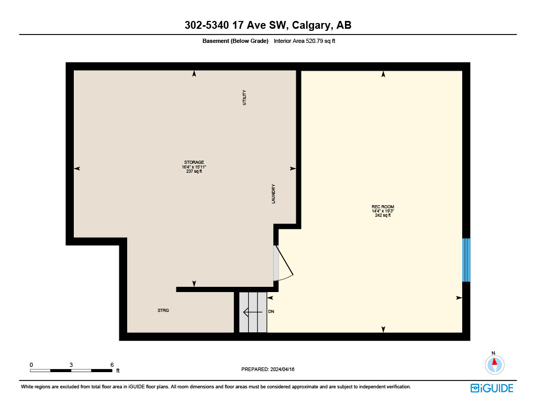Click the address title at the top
pos(268,25)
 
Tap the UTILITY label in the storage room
pos(244,97)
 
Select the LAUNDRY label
pos(273,194)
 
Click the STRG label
pos(163,310)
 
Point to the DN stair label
pos(271,311)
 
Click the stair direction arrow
pos(253,312)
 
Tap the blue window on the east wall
pos(466,260)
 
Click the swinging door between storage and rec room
pos(283,263)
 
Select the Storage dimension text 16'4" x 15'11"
pos(194,167)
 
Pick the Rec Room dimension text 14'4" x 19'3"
pos(383,211)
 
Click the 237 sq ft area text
pos(194,171)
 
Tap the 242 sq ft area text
pos(383,216)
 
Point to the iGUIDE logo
pos(492,388)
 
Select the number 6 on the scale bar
pos(112,365)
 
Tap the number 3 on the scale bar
pos(71,365)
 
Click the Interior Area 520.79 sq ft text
pos(304,41)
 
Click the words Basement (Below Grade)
pos(235,41)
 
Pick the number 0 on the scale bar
pos(31,365)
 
